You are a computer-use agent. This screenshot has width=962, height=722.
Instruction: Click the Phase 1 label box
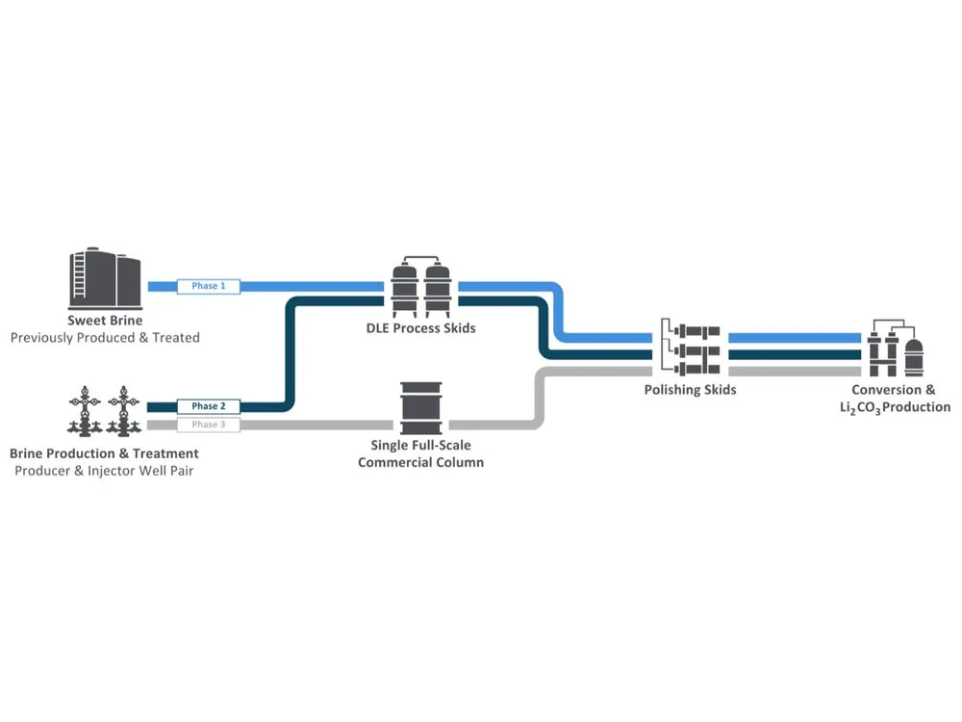[x=208, y=286]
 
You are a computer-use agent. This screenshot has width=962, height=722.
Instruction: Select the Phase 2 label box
[x=208, y=406]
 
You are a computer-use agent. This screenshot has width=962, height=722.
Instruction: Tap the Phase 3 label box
[x=208, y=425]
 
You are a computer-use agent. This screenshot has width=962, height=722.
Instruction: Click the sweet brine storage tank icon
[x=105, y=278]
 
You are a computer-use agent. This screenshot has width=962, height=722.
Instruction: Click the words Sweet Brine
[x=105, y=321]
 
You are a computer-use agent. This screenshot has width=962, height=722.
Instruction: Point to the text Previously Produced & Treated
[x=105, y=338]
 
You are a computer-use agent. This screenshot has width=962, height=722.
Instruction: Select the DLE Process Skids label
[x=420, y=328]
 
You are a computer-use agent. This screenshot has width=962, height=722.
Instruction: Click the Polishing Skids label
[x=690, y=390]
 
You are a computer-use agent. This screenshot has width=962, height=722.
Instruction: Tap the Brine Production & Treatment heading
[x=104, y=452]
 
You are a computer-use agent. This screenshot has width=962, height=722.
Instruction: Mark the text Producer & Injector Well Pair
[x=104, y=471]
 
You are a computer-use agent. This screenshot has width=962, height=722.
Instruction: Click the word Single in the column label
[x=392, y=445]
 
